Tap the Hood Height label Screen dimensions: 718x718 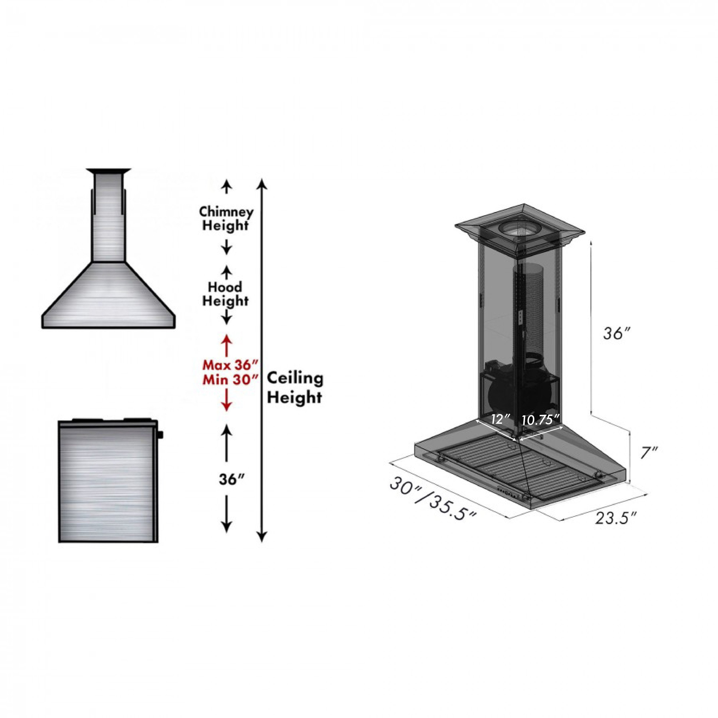[225, 294]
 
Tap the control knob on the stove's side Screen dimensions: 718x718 [161, 434]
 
